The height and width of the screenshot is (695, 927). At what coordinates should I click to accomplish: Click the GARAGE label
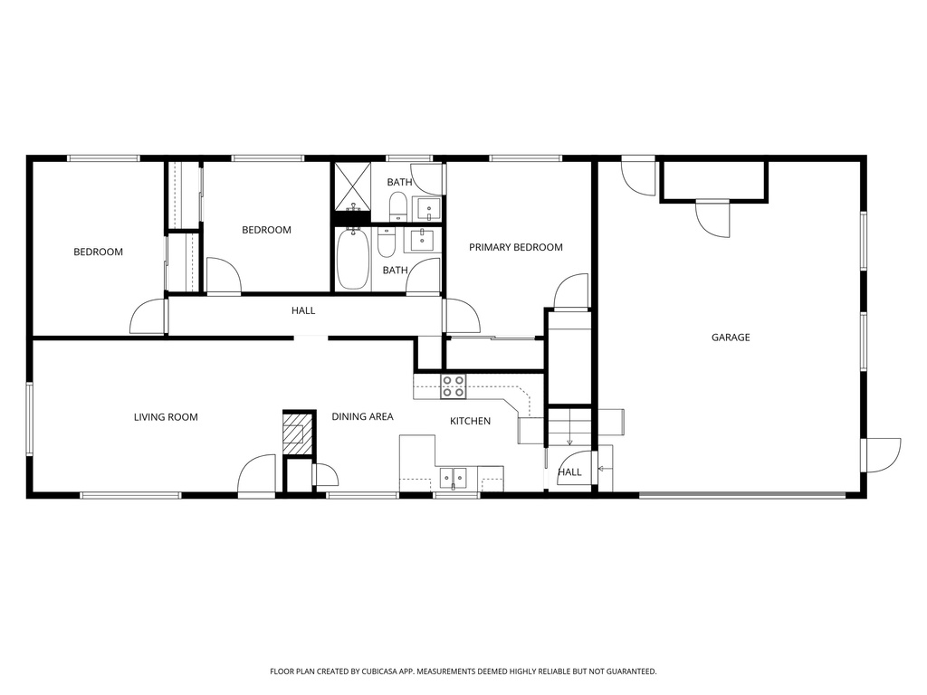pos(730,338)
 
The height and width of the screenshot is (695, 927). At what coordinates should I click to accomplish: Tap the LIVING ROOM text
pos(166,417)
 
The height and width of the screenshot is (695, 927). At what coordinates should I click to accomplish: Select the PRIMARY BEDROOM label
pos(515,247)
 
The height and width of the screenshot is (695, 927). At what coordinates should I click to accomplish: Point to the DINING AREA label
pos(362,416)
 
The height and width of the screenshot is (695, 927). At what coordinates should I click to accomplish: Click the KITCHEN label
pos(471,421)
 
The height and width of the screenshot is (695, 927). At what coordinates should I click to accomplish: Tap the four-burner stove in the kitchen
pos(453,386)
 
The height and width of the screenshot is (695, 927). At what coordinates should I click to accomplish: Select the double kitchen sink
pos(453,477)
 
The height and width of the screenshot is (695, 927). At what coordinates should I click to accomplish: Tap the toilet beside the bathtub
pos(387,243)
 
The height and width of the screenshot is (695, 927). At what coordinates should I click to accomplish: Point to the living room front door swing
pos(257,474)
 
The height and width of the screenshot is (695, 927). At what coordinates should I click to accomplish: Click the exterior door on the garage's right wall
pos(882,454)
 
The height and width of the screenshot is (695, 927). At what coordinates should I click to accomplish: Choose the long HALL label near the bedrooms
pos(303,310)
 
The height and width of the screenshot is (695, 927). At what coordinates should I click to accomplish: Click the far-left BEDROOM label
pos(98,252)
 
